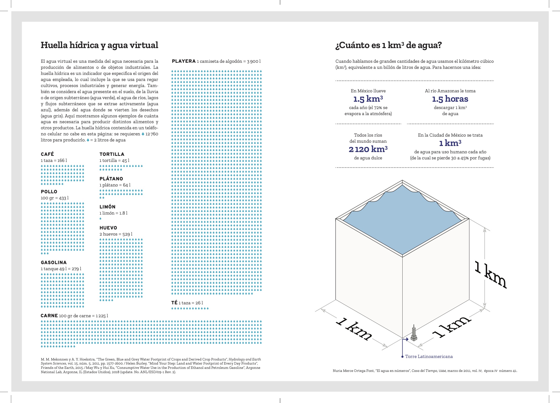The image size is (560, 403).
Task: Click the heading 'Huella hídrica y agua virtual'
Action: [x=99, y=45]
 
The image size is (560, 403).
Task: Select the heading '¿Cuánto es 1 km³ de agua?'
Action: [x=388, y=45]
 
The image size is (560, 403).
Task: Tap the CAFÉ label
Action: [x=47, y=154]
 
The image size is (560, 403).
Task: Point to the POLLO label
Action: [x=49, y=192]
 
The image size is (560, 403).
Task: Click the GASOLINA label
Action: [x=54, y=262]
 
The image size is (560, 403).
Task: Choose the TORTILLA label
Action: [x=112, y=154]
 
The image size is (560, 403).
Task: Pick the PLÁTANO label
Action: [x=111, y=179]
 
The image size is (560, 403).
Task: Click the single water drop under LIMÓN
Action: [x=100, y=219]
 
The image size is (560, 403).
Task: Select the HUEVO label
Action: [x=108, y=228]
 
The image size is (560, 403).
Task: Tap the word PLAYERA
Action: [x=184, y=61]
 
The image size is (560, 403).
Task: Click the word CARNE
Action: [x=49, y=315]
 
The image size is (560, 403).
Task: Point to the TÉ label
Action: [x=174, y=303]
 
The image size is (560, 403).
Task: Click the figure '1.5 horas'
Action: [x=450, y=99]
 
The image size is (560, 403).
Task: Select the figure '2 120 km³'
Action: [x=368, y=149]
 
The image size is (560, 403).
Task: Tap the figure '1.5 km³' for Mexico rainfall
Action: [x=368, y=99]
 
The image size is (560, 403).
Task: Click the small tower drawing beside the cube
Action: [x=414, y=333]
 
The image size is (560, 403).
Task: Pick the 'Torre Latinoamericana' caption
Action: [x=429, y=356]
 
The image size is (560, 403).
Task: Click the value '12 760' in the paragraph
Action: [x=152, y=134]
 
